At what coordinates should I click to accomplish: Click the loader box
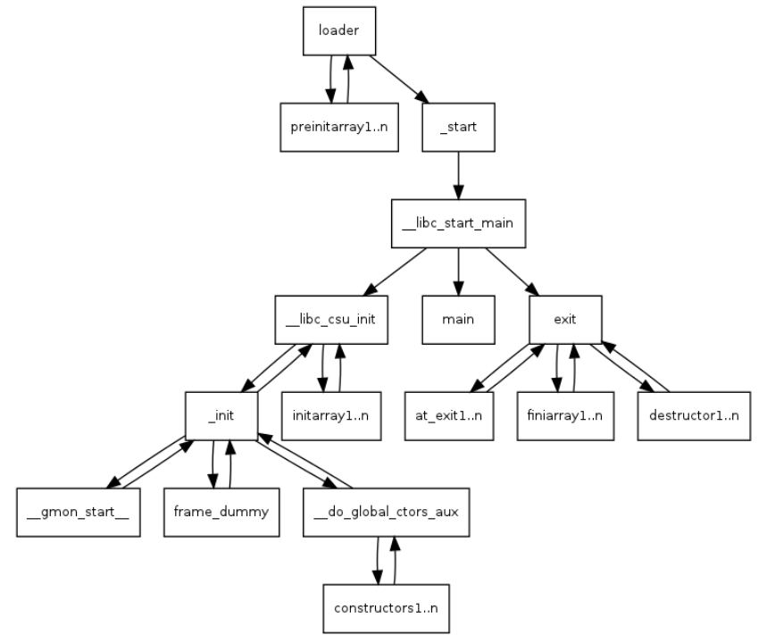point(339,31)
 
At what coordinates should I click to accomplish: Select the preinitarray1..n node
point(339,127)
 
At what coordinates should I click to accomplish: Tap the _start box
point(458,127)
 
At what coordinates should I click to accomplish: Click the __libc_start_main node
point(458,223)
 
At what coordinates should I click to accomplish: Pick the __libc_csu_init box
point(331,320)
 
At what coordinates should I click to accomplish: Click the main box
point(458,320)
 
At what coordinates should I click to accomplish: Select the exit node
point(565,320)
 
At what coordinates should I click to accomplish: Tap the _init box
point(221,416)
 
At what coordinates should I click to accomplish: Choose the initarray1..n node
point(331,416)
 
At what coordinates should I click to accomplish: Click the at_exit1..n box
point(449,416)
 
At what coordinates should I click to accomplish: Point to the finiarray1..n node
point(565,416)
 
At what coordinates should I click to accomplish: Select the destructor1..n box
point(694,416)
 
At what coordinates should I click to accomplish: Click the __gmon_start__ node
point(79,513)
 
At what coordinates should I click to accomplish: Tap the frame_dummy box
point(221,513)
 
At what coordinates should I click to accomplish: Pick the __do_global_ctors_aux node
point(387,513)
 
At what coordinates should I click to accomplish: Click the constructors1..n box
point(387,608)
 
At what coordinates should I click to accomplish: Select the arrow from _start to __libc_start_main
point(458,176)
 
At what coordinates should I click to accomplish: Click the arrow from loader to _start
point(399,79)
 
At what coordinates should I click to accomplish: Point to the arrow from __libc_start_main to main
point(458,272)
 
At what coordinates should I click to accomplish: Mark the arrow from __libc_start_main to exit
point(513,272)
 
